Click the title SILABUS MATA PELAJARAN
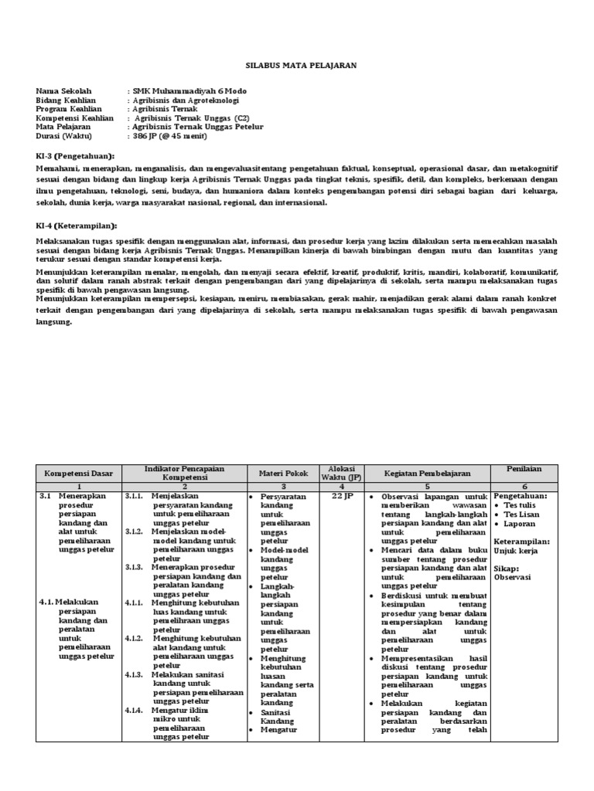coord(302,66)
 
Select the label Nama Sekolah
coord(60,91)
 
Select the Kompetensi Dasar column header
coord(79,471)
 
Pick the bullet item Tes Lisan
coord(545,514)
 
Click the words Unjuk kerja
coord(538,551)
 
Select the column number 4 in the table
coord(342,485)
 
